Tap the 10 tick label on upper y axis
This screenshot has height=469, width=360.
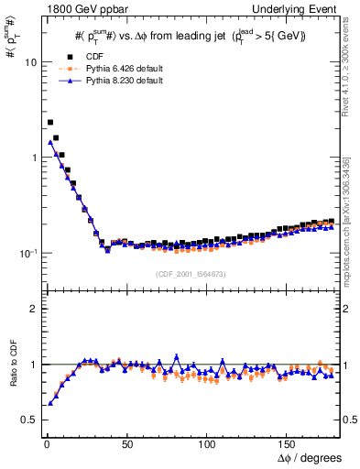[30, 62]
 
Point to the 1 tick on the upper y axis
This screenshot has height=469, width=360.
[33, 158]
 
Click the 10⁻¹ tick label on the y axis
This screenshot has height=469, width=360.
[28, 253]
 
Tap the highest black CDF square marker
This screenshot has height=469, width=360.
[50, 122]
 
